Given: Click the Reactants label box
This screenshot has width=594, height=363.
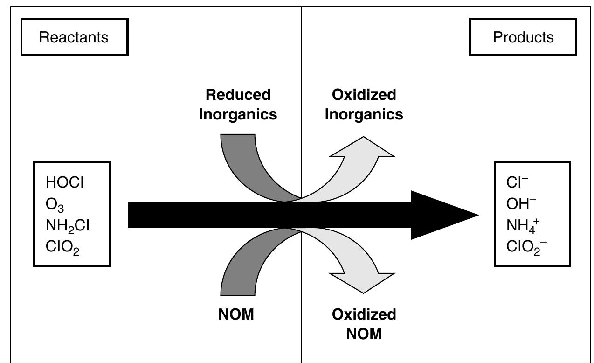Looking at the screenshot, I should pyautogui.click(x=74, y=37).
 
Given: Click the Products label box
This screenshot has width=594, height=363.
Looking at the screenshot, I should pyautogui.click(x=523, y=37).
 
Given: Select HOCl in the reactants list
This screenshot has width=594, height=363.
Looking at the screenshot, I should pyautogui.click(x=65, y=182).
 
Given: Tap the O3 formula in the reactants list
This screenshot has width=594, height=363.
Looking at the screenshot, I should pyautogui.click(x=55, y=204).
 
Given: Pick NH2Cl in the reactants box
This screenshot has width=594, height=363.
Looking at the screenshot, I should pyautogui.click(x=68, y=226).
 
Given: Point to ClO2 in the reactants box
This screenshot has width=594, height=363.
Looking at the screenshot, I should pyautogui.click(x=62, y=247).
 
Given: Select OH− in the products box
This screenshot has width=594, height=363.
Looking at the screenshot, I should pyautogui.click(x=521, y=204).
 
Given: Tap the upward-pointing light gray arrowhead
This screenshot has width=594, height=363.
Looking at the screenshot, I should pyautogui.click(x=363, y=148).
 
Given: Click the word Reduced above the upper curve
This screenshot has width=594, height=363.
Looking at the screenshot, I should pyautogui.click(x=238, y=95).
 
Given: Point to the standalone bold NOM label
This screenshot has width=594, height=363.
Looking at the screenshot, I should pyautogui.click(x=236, y=314).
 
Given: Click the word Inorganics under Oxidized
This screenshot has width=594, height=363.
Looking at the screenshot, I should pyautogui.click(x=364, y=114).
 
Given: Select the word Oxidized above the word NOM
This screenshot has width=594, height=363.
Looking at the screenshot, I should pyautogui.click(x=364, y=314).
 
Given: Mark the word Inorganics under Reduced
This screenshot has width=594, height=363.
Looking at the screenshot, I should pyautogui.click(x=238, y=114).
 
